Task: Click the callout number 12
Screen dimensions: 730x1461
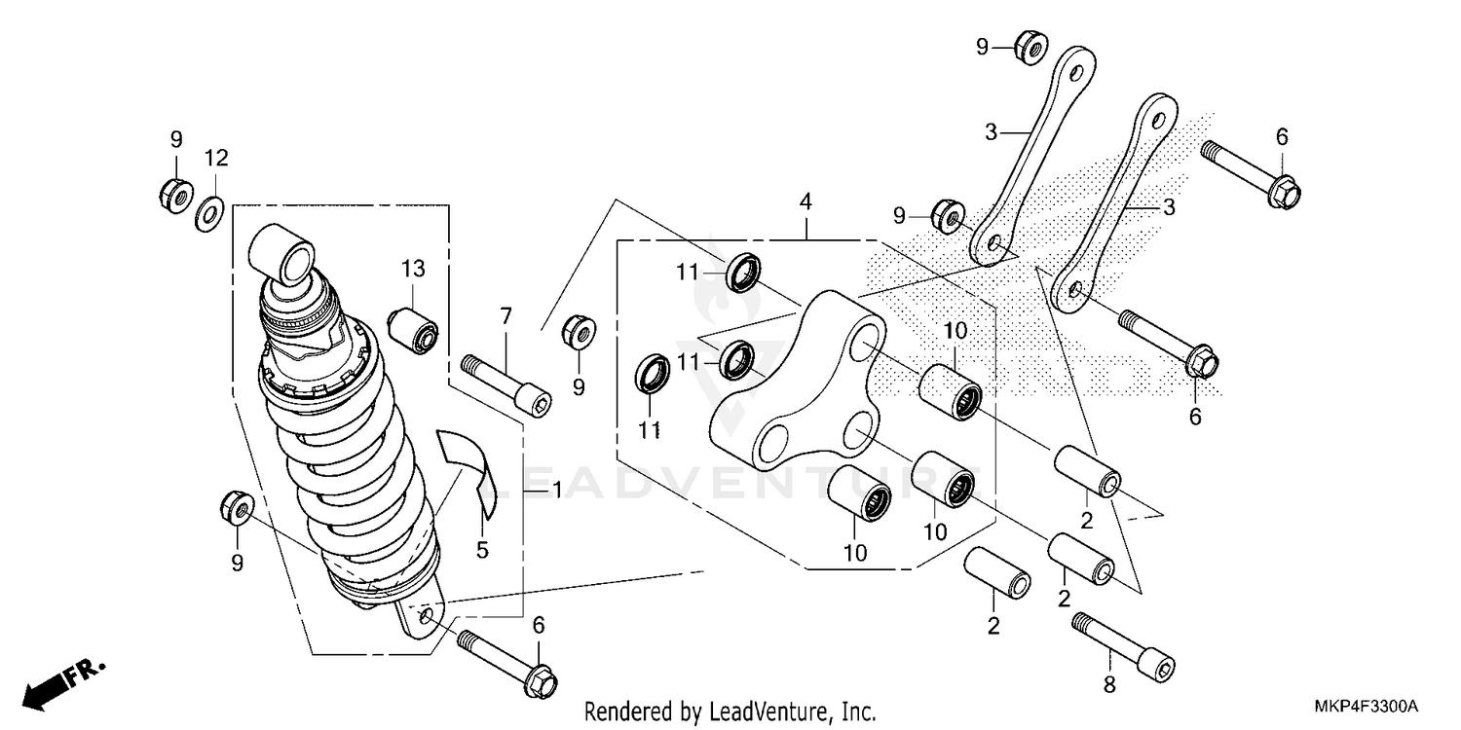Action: (215, 158)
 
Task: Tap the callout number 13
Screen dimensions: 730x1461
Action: (412, 268)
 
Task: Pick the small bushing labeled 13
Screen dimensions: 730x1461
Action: (415, 331)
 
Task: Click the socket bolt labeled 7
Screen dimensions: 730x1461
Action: (506, 387)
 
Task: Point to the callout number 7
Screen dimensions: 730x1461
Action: (506, 315)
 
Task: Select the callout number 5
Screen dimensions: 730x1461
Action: (482, 550)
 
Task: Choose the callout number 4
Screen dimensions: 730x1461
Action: (805, 201)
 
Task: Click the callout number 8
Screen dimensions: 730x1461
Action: (1108, 685)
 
